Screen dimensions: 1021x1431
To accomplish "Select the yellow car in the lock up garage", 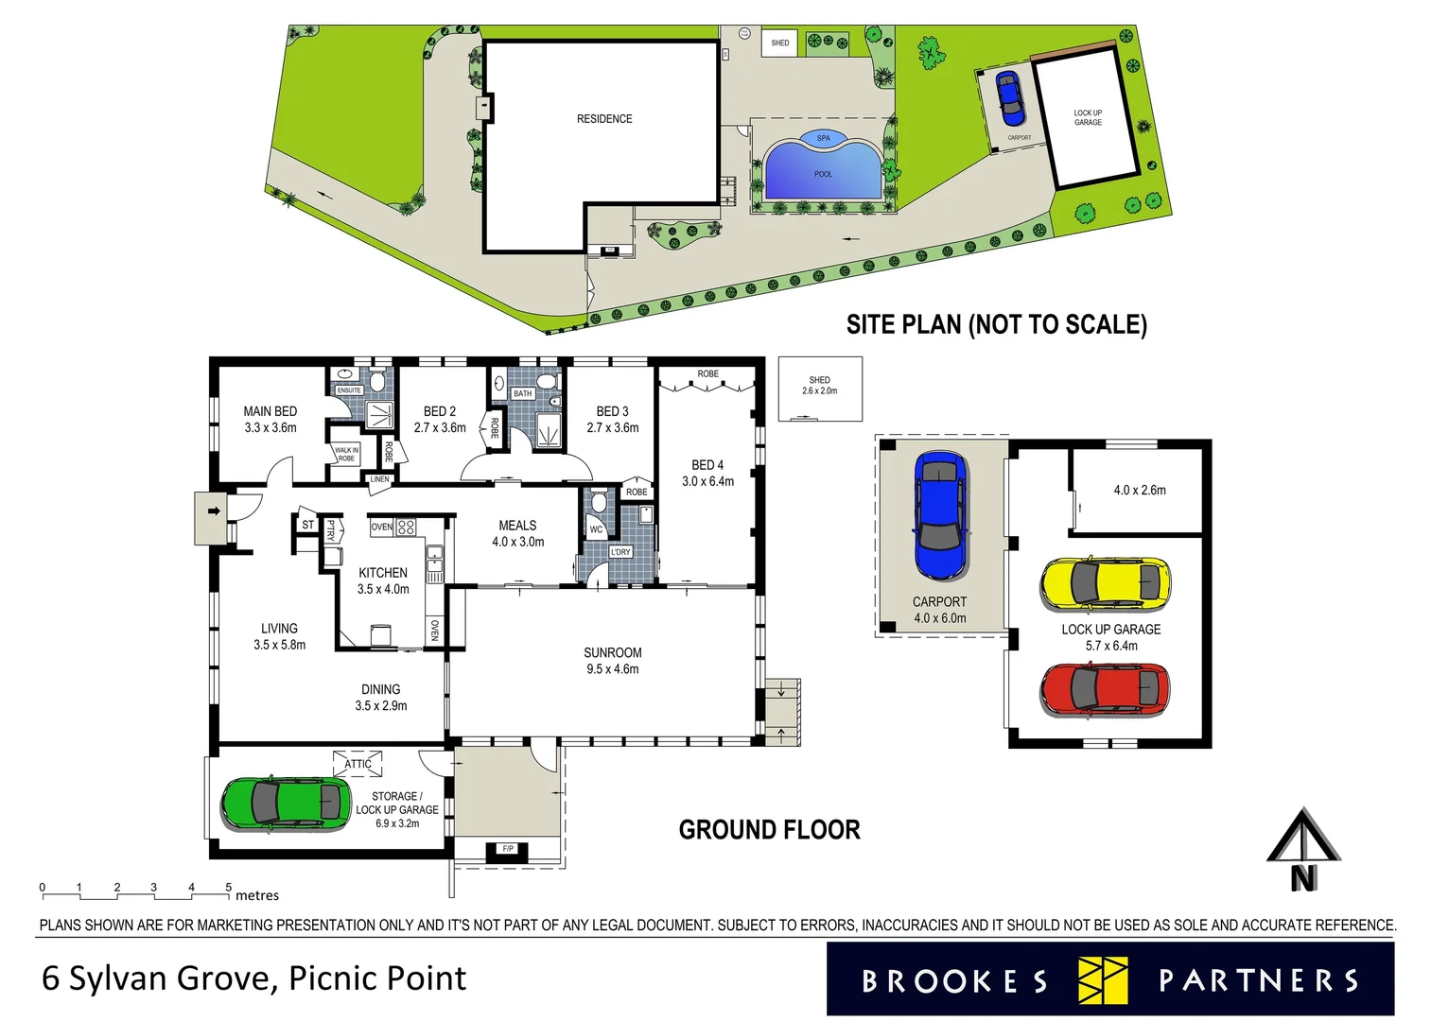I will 1105,584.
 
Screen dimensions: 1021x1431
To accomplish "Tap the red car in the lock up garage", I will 1105,689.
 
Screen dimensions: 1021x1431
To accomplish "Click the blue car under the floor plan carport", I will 940,515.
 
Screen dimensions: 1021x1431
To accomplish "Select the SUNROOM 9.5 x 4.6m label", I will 612,661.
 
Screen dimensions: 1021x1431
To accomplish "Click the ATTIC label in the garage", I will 358,764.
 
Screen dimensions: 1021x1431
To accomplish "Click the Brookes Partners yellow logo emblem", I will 1103,980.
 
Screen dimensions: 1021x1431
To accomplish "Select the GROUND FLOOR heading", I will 769,830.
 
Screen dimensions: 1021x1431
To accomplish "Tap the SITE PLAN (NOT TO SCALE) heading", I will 996,325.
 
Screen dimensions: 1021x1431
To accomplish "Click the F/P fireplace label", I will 508,849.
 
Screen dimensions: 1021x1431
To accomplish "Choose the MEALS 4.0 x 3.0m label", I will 517,533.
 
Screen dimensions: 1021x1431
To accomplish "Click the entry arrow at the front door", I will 214,511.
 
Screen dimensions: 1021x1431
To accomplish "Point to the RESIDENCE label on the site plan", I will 604,119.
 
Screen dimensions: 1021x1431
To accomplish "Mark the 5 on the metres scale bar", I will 228,887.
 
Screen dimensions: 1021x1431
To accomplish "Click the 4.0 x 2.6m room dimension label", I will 1139,490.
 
